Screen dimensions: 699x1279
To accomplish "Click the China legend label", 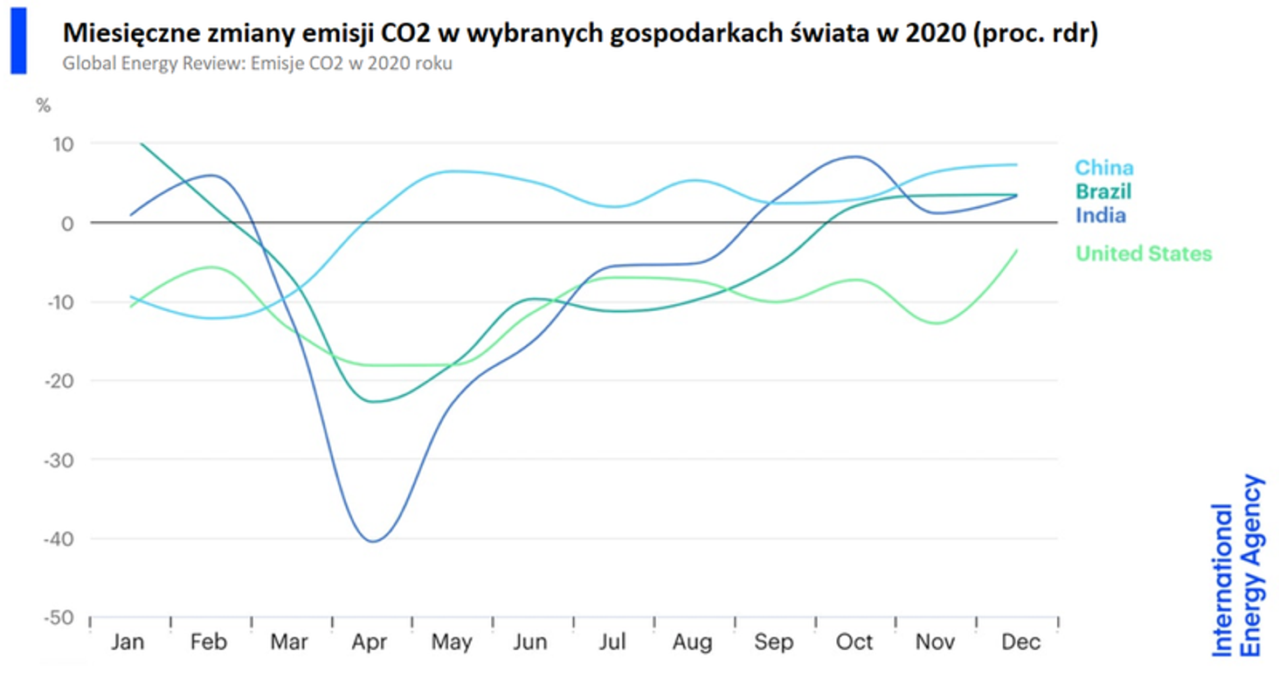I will click(1103, 167).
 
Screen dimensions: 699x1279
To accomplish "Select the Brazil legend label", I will click(1103, 190).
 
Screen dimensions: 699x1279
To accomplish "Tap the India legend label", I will click(1100, 214).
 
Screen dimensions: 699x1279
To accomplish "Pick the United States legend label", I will click(1144, 253).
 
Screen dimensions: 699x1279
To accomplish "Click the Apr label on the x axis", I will click(370, 643).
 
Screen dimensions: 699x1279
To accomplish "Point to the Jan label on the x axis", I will click(128, 643).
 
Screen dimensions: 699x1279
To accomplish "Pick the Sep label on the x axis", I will click(773, 643).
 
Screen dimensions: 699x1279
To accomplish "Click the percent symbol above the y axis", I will click(43, 106).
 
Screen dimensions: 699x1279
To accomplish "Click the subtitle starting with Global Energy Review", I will click(257, 65).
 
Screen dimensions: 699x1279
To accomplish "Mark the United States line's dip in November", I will click(937, 323).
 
